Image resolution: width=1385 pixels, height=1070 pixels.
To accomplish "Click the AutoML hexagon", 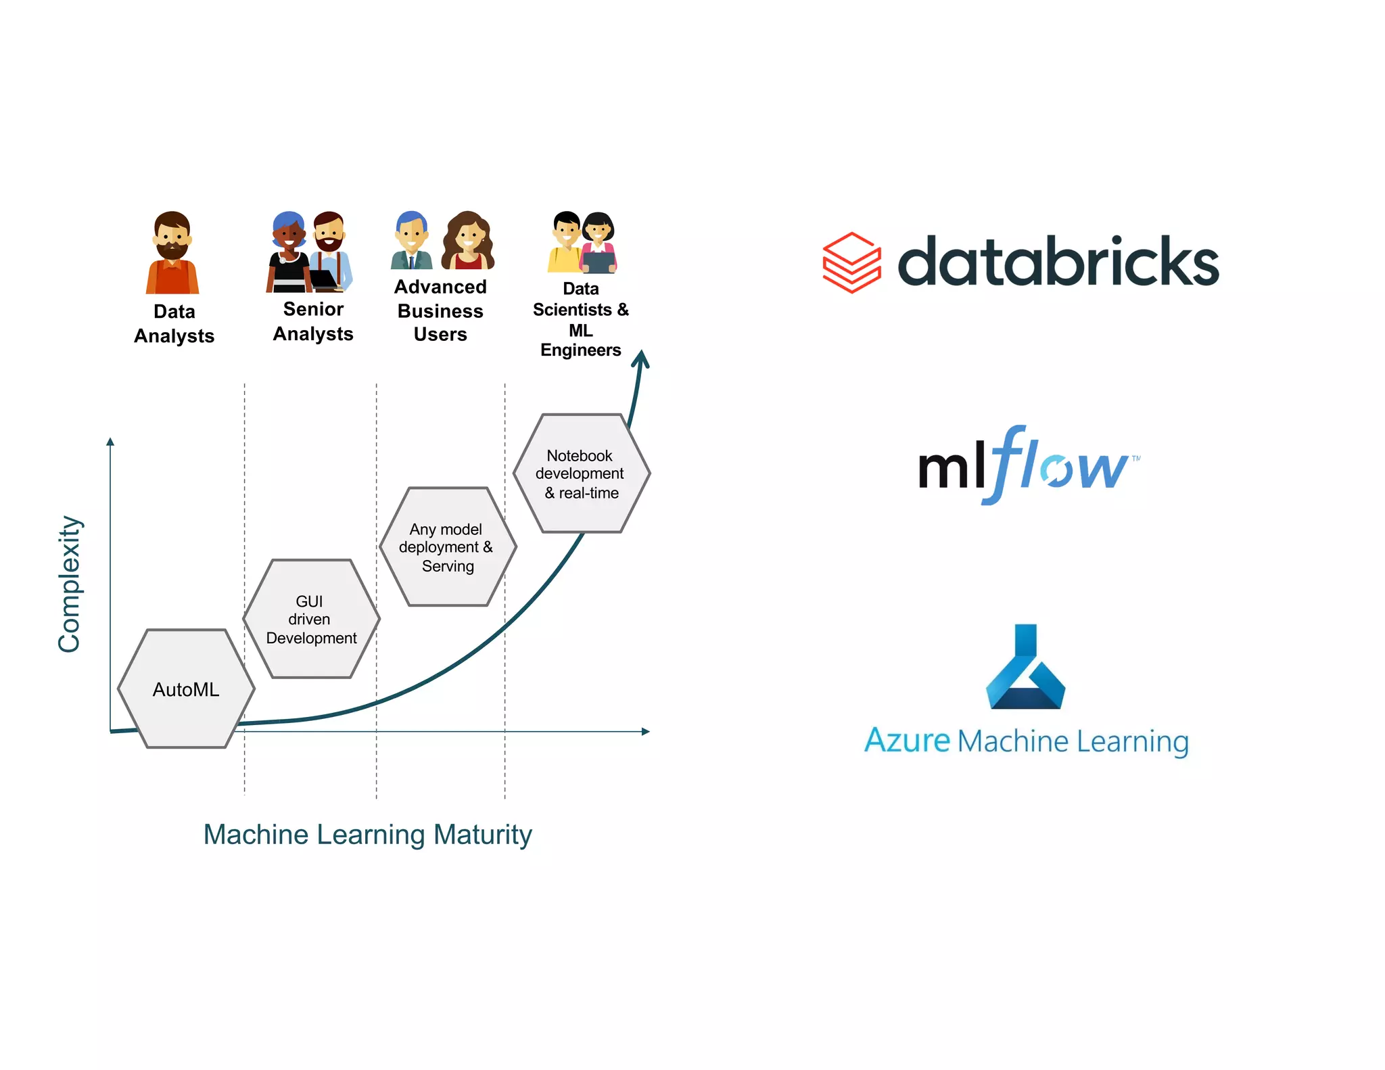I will point(186,689).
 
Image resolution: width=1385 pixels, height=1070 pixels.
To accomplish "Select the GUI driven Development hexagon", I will point(311,619).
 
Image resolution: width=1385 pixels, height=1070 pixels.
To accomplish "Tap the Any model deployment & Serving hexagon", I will point(447,546).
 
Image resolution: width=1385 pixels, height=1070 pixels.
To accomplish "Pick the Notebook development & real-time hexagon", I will point(581,473).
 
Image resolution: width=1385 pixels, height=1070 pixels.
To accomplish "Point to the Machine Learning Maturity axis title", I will point(367,834).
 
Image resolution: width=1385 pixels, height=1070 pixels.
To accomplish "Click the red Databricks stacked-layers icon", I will point(851,262).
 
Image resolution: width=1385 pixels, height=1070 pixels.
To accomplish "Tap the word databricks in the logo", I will point(1058,262).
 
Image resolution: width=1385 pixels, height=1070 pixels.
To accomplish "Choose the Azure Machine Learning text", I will point(1026,741).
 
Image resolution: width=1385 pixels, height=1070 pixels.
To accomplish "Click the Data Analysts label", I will point(174,323).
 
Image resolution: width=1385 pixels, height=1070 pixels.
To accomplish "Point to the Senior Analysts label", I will point(313,321).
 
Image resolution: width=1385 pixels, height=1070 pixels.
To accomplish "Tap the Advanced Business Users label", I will point(440,310).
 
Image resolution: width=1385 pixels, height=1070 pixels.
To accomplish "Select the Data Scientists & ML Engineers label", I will point(581,319).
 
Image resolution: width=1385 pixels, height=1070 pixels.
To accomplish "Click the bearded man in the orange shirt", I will point(172,253).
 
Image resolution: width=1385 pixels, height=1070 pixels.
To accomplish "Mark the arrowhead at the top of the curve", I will point(641,358).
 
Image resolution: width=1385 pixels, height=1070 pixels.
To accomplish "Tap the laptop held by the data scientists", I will point(598,262).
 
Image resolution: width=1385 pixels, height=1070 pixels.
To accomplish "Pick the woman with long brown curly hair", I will point(468,240).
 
